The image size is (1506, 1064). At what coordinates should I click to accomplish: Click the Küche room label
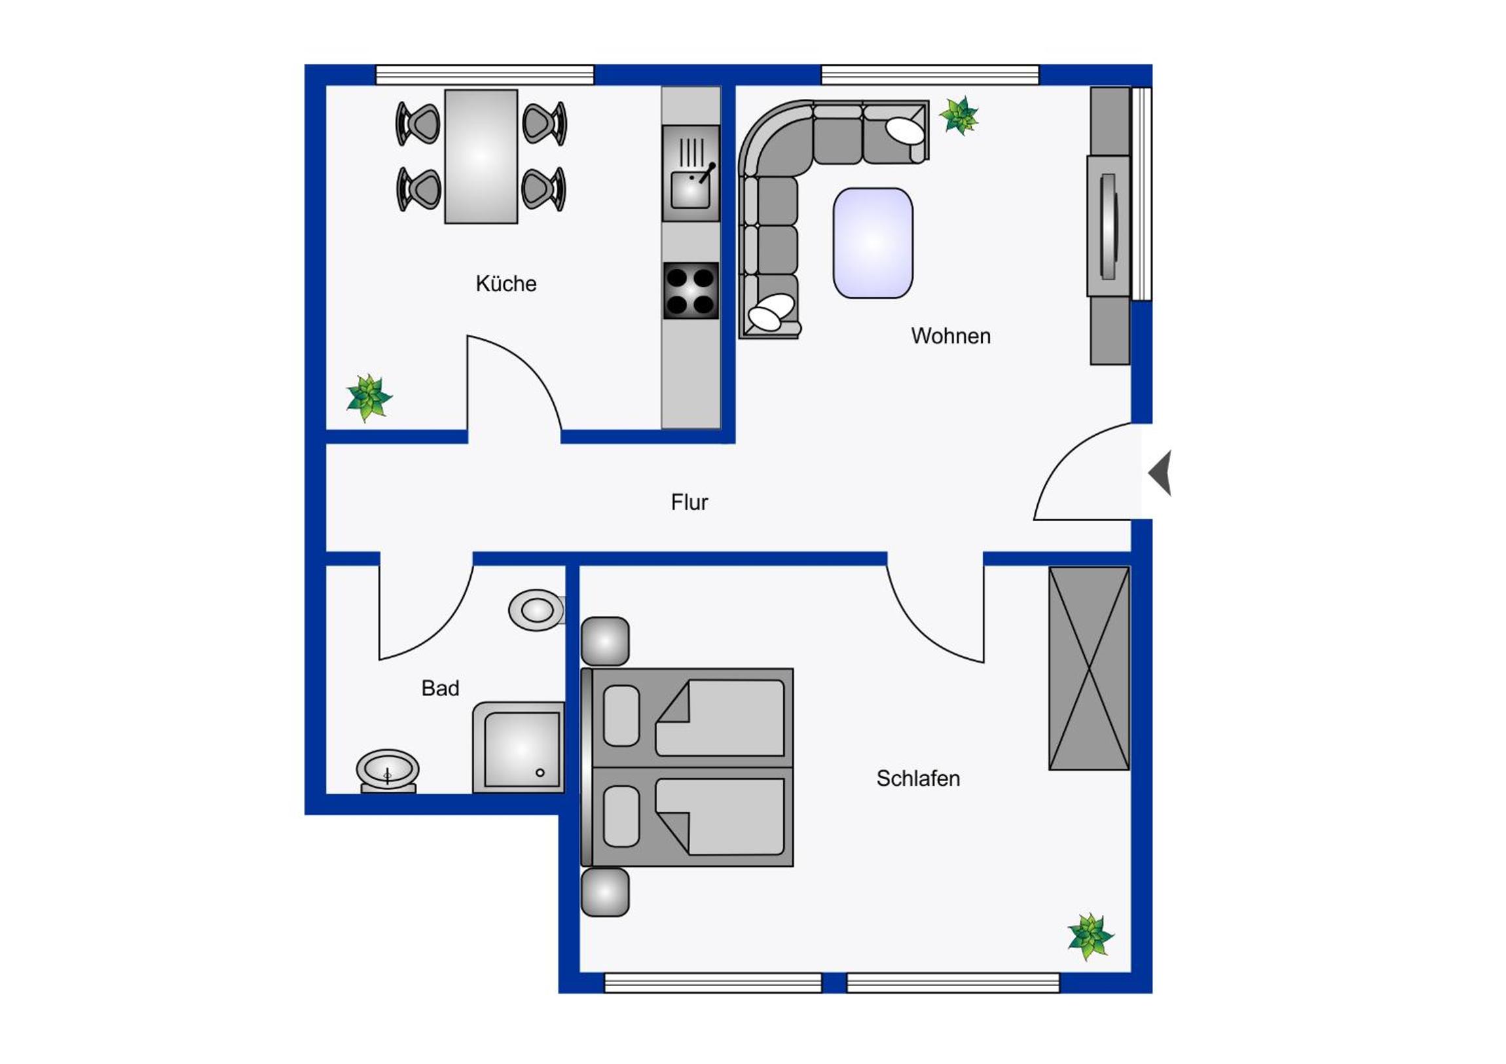coord(505,284)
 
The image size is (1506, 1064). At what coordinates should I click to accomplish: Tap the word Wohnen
coord(951,336)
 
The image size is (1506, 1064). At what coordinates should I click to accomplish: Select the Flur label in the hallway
coord(689,502)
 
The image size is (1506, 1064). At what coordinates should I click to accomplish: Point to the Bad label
coord(440,688)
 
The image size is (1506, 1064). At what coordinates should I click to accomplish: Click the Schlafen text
coord(918,779)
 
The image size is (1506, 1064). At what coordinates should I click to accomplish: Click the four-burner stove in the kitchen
coord(691,291)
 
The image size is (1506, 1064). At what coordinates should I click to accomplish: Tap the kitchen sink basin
coord(690,191)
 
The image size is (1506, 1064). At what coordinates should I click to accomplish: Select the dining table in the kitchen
coord(481,156)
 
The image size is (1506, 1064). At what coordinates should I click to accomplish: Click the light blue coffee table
coord(872,243)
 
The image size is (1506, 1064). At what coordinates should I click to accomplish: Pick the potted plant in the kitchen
coord(369,397)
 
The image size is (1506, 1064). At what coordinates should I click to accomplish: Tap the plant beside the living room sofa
coord(959,116)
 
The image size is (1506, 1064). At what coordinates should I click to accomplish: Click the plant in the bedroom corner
coord(1090,936)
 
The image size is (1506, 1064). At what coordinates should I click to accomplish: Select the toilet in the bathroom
coord(537,610)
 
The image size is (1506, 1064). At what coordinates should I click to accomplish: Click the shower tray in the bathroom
coord(519,748)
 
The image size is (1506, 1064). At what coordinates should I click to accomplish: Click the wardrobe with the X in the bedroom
coord(1089,668)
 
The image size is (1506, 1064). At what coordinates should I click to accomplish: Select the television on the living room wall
coord(1109,227)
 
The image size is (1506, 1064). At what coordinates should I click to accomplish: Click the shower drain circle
coord(540,773)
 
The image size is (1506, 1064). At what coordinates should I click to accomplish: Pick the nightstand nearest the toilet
coord(605,641)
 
